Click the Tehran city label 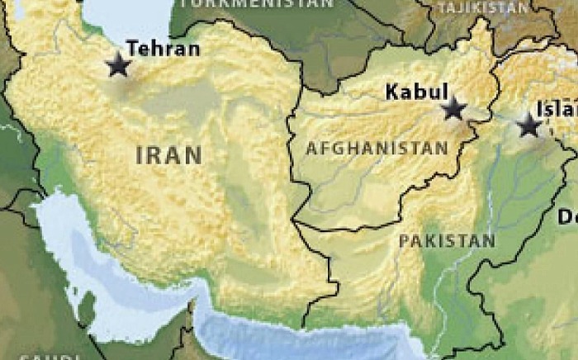[163, 49]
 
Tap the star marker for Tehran [118, 65]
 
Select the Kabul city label [417, 92]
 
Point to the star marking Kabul [452, 108]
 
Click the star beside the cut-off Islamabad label [528, 126]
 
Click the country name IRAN [168, 154]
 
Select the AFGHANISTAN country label [377, 149]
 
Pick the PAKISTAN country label [447, 241]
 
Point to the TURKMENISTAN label [256, 3]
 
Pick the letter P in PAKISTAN [404, 241]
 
